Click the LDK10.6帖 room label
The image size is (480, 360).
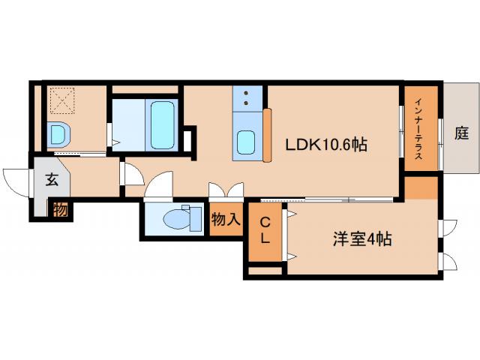tap(325, 145)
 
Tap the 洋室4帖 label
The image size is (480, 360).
tap(362, 240)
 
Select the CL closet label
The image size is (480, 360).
tap(265, 231)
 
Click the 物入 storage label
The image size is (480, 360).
tap(225, 220)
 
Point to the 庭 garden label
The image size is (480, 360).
tap(460, 133)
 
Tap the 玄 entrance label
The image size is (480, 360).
tap(51, 179)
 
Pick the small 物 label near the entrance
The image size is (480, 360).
tap(59, 209)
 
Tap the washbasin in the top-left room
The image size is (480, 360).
tap(58, 134)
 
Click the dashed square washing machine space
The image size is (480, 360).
tap(63, 99)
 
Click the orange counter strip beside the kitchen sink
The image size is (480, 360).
tap(267, 135)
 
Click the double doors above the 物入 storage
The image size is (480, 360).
tap(226, 190)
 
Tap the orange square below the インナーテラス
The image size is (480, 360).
tap(421, 187)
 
